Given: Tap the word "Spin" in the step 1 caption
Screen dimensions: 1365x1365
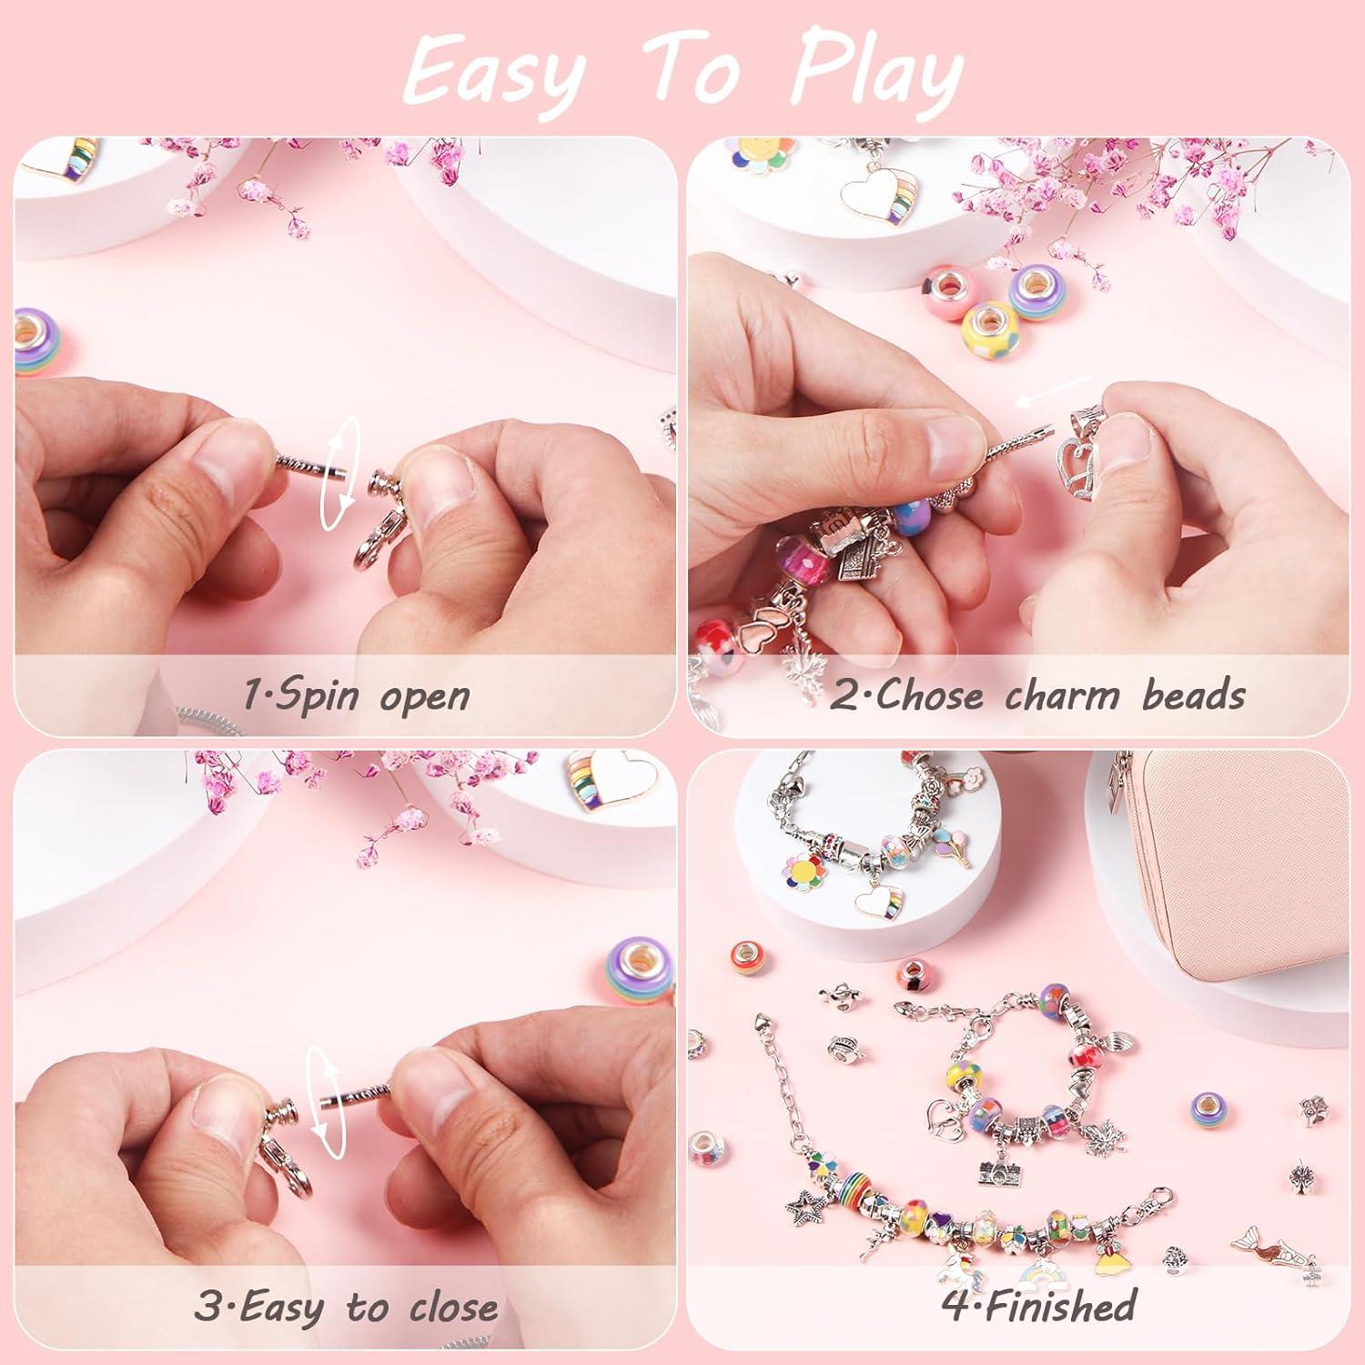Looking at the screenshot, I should (x=299, y=695).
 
